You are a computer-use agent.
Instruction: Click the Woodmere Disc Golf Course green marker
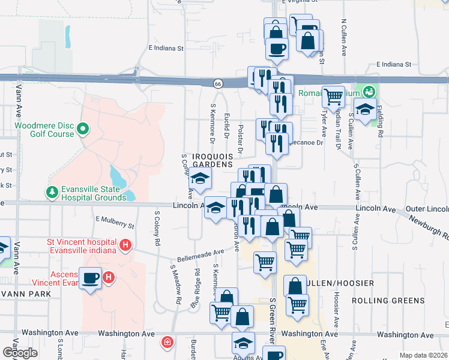pyautogui.click(x=83, y=128)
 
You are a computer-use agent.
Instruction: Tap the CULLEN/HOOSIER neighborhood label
pyautogui.click(x=340, y=283)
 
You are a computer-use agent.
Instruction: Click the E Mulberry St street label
pyautogui.click(x=114, y=224)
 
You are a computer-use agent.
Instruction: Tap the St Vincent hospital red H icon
pyautogui.click(x=125, y=245)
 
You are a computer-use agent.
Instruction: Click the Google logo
pyautogui.click(x=19, y=352)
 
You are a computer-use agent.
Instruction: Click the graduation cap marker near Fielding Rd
pyautogui.click(x=364, y=110)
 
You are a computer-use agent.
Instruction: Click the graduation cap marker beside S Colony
pyautogui.click(x=200, y=178)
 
